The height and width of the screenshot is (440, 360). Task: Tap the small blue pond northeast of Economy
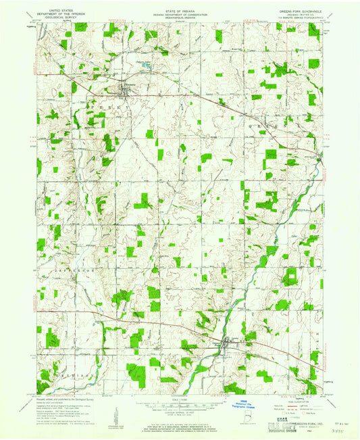(x=145, y=66)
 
